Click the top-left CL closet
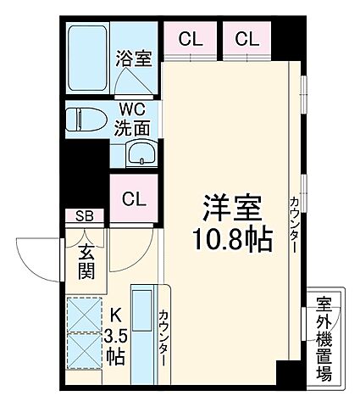coord(189,38)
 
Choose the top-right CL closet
coord(246,38)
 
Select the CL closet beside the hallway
coord(133,200)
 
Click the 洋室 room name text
coord(230,208)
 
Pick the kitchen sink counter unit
coord(141,327)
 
